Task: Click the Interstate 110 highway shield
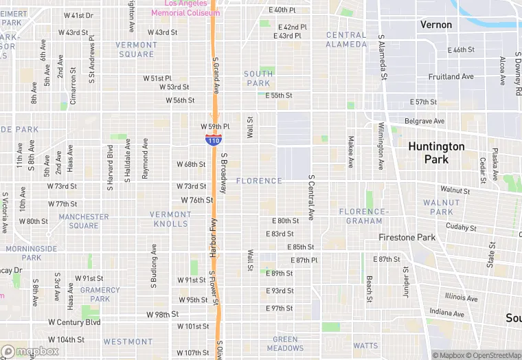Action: point(213,139)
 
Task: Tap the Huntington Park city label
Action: point(436,153)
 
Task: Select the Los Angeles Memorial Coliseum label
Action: point(185,8)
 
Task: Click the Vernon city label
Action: point(436,25)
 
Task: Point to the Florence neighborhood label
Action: point(259,181)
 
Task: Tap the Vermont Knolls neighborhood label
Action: point(170,218)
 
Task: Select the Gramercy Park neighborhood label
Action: point(100,294)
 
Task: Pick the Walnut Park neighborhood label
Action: point(442,207)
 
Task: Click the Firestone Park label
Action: point(407,238)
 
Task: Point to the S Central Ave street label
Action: point(311,197)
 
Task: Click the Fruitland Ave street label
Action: point(451,77)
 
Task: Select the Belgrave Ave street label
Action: point(424,122)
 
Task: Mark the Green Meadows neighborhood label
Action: point(285,344)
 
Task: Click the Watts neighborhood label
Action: point(365,346)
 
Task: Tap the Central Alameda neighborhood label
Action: point(346,40)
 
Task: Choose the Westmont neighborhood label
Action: point(128,341)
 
